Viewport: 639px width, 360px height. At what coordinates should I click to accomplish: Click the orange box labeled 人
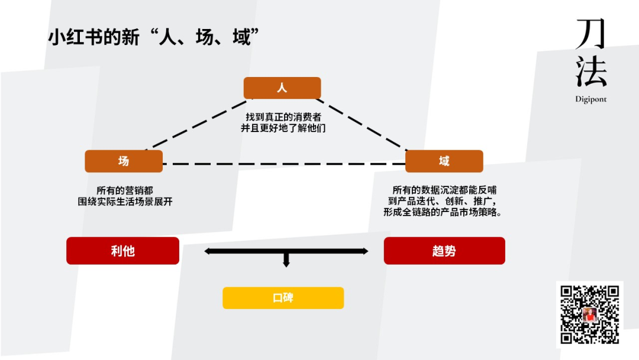282,88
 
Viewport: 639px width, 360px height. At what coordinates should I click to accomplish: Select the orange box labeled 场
124,161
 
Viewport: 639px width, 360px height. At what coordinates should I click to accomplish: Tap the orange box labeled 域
444,161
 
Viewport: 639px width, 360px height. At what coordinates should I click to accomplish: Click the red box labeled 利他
122,250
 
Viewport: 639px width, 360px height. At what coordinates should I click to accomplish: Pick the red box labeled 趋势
444,250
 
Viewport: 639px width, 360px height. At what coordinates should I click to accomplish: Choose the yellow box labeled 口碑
283,298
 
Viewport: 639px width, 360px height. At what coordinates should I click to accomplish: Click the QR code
590,314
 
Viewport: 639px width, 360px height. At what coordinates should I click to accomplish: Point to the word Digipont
590,99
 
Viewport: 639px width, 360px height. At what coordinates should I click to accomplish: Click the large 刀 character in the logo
590,34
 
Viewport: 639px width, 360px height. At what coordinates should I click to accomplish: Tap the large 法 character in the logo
590,72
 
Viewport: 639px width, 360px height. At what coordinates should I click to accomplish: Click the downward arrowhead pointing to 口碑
286,263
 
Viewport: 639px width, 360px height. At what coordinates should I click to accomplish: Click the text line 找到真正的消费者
283,117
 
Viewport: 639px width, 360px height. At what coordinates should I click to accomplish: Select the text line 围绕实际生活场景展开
125,201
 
